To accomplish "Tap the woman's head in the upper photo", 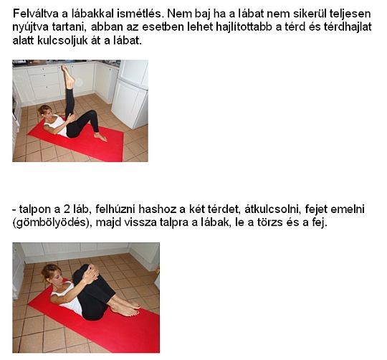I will coord(45,111).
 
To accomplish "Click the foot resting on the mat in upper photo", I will coord(101,136).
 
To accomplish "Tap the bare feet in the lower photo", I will coord(127,307).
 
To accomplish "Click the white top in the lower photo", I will coord(70,298).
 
